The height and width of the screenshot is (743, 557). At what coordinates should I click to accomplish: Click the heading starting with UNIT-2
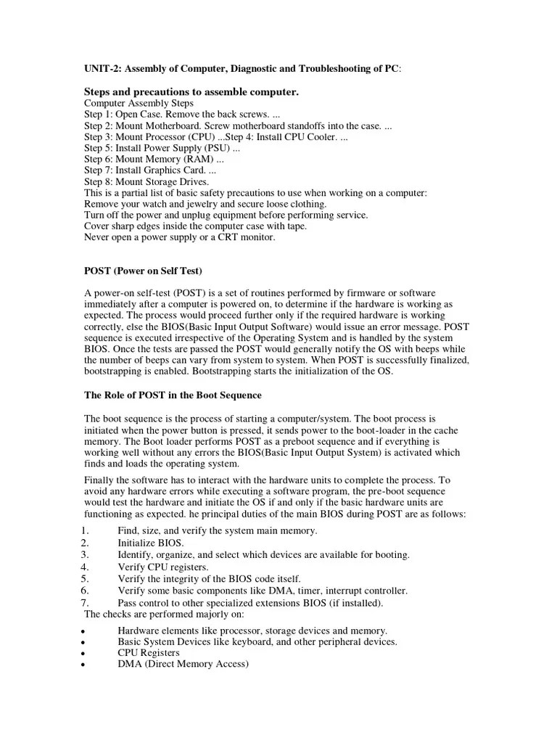click(242, 68)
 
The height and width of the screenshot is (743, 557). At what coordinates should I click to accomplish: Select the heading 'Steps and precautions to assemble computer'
click(191, 92)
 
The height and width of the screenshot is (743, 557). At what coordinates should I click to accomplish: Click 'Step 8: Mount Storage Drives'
click(147, 181)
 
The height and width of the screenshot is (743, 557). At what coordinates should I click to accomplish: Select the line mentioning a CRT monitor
click(180, 237)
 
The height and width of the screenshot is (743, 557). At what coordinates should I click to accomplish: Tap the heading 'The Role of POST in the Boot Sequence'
click(173, 395)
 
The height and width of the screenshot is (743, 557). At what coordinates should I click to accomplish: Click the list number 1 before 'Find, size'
click(86, 531)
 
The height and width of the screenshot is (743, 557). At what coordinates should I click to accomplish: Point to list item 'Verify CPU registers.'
click(163, 567)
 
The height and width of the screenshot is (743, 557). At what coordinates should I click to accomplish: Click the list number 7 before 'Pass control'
click(86, 603)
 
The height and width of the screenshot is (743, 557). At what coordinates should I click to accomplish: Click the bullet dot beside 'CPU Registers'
click(86, 654)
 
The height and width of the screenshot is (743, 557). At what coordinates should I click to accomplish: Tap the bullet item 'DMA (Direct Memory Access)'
click(183, 665)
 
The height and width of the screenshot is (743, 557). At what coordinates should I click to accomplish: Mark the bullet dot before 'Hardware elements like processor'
click(86, 631)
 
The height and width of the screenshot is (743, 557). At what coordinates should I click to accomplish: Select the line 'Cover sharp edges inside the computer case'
click(197, 226)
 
